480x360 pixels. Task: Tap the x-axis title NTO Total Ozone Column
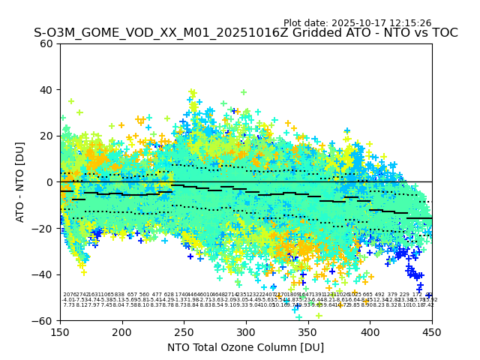pyautogui.click(x=245, y=347)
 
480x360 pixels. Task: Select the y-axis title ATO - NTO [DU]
pyautogui.click(x=20, y=181)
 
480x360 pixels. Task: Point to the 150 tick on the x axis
pyautogui.click(x=60, y=332)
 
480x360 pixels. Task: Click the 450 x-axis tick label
pyautogui.click(x=432, y=332)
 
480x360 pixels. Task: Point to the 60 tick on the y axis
pyautogui.click(x=46, y=43)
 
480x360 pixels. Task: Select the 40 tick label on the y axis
pyautogui.click(x=46, y=90)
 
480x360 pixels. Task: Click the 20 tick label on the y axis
pyautogui.click(x=46, y=136)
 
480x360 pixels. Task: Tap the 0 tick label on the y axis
pyautogui.click(x=49, y=182)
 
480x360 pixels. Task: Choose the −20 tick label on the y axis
pyautogui.click(x=43, y=228)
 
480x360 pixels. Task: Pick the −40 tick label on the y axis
pyautogui.click(x=43, y=274)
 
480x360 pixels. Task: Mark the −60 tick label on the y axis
pyautogui.click(x=43, y=320)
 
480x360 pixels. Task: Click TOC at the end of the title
pyautogui.click(x=443, y=34)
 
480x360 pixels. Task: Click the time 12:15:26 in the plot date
pyautogui.click(x=409, y=23)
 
